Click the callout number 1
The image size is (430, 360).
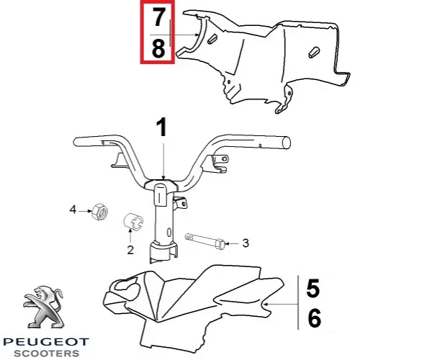tap(162, 127)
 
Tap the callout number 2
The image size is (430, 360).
tap(130, 250)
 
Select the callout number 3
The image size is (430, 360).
tap(246, 243)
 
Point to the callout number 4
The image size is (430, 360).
tap(73, 210)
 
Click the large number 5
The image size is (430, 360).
tap(313, 288)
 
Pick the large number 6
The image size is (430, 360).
tap(314, 318)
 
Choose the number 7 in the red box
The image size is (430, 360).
tap(159, 17)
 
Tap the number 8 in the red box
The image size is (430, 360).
tap(158, 48)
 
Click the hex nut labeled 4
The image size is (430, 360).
tap(99, 212)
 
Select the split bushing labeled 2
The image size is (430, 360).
tap(133, 221)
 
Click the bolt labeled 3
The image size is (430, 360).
tap(205, 241)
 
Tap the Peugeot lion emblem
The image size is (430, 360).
tap(44, 307)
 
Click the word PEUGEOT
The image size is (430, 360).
tap(46, 342)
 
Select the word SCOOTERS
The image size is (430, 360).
tap(46, 354)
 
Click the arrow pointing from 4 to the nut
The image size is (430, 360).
tap(85, 211)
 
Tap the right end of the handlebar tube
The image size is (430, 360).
tap(286, 143)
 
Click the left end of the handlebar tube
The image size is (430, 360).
tap(76, 142)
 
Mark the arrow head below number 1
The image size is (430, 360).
tap(164, 177)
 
